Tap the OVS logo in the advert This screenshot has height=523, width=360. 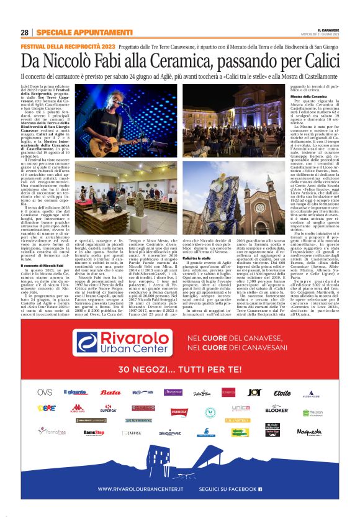(45, 392)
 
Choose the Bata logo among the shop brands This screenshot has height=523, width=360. (111, 393)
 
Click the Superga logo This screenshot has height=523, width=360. (107, 410)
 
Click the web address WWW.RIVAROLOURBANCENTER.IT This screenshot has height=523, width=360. (148, 488)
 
